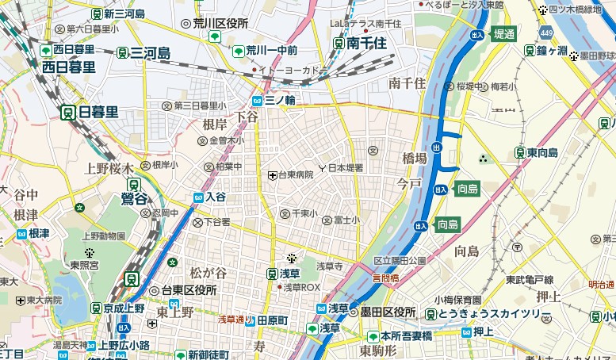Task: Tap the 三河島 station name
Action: pyautogui.click(x=151, y=53)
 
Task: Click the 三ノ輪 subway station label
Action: pyautogui.click(x=280, y=101)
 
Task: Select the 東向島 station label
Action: pyautogui.click(x=544, y=152)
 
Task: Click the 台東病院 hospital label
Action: pyautogui.click(x=295, y=174)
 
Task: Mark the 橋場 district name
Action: pyautogui.click(x=415, y=159)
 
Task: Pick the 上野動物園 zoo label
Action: pyautogui.click(x=105, y=236)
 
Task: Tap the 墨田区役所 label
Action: pyautogui.click(x=389, y=311)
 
